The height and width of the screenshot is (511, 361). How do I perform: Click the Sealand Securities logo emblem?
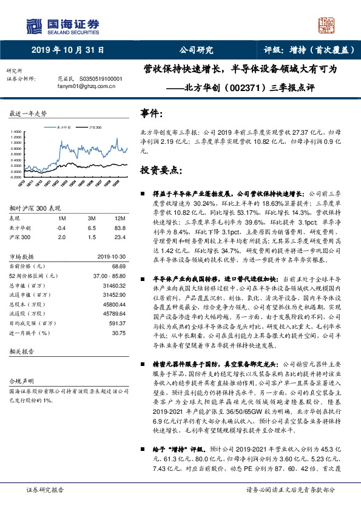[33, 24]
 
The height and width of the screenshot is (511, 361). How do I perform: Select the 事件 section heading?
[151, 114]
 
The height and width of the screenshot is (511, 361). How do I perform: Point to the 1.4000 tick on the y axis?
[16, 131]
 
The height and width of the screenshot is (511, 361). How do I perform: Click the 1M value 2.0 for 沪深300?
[61, 238]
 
